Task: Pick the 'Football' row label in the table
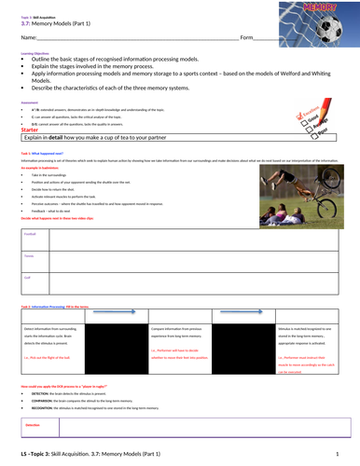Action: coord(29,233)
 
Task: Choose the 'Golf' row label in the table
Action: coord(27,277)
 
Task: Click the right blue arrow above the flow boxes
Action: coord(251,313)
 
